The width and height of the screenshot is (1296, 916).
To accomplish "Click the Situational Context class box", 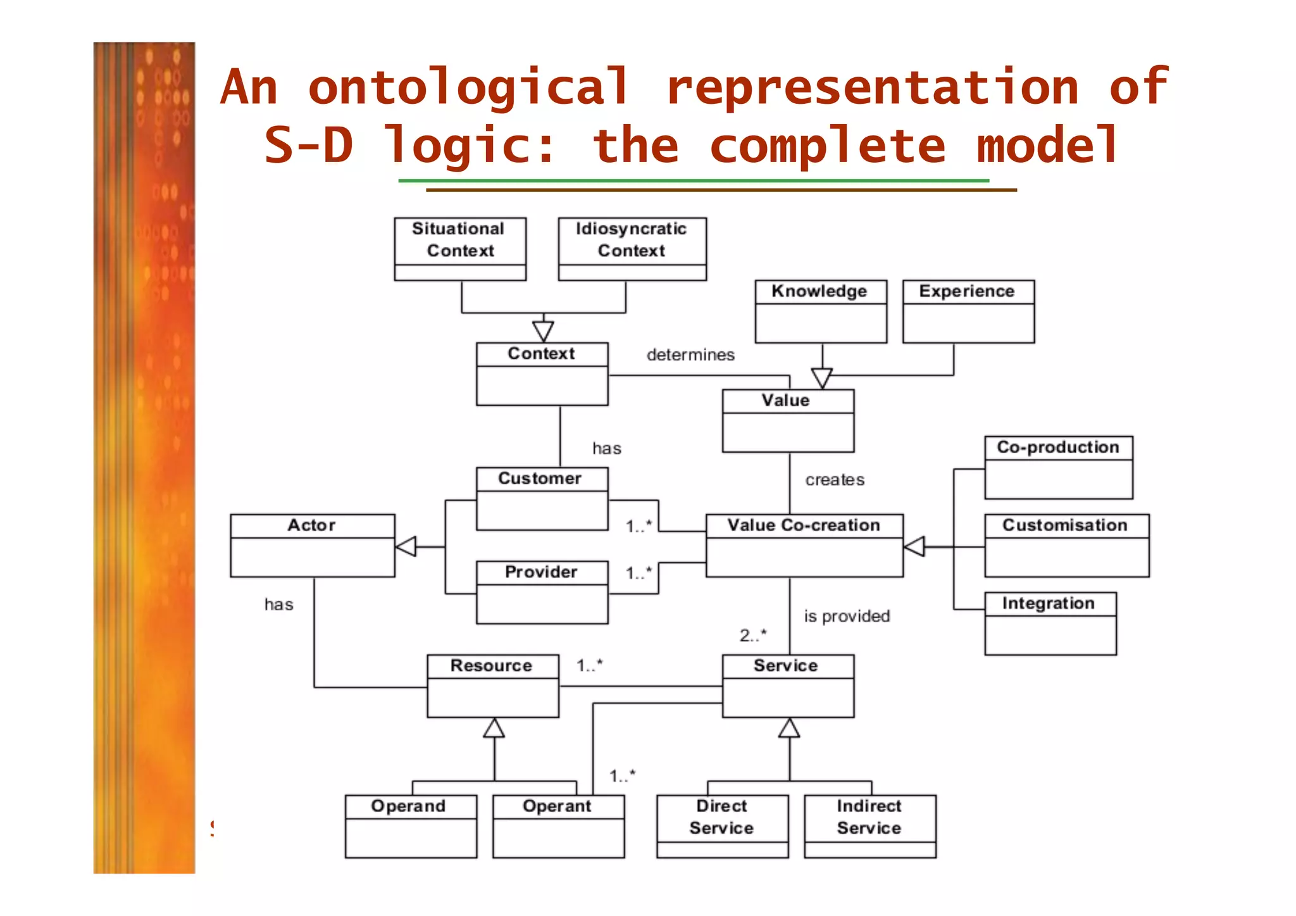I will [460, 249].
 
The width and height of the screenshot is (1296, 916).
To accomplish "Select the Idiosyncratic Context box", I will [632, 249].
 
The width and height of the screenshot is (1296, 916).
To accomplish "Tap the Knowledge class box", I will [821, 311].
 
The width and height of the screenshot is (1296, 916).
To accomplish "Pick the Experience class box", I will [968, 311].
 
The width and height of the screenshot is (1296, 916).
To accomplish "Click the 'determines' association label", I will [690, 355].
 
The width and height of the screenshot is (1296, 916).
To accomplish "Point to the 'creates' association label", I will [835, 480].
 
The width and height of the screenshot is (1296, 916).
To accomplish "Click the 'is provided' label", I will [847, 616].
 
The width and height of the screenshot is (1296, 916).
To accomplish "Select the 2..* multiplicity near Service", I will [753, 635].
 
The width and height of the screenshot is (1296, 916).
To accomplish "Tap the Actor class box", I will [313, 545].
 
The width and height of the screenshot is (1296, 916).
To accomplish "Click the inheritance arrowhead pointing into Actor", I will [407, 546].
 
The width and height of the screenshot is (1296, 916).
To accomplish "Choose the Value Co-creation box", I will [804, 545].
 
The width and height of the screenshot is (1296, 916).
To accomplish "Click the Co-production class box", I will [1059, 467].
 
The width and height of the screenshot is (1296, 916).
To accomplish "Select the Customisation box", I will [1067, 545].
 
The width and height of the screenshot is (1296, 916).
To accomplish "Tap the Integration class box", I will [1050, 623].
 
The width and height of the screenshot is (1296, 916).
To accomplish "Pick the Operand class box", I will [411, 826].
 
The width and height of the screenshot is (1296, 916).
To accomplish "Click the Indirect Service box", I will [870, 826].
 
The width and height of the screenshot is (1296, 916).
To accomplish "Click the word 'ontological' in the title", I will [468, 87].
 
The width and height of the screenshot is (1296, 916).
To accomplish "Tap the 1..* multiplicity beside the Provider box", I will [639, 573].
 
